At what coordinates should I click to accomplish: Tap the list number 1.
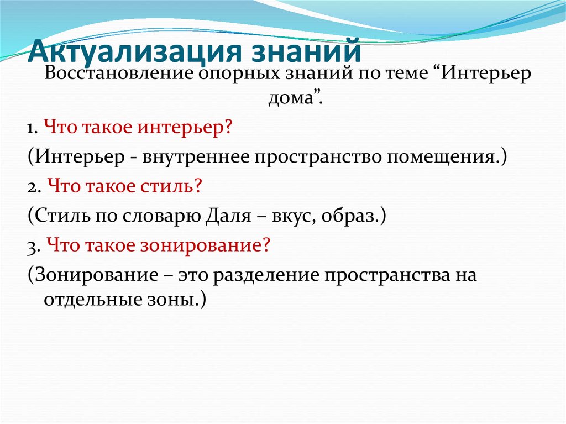tap(30, 128)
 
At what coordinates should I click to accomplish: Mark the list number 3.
tap(32, 245)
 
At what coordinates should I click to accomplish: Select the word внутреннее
tap(196, 157)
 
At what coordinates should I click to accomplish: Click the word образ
tap(354, 216)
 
